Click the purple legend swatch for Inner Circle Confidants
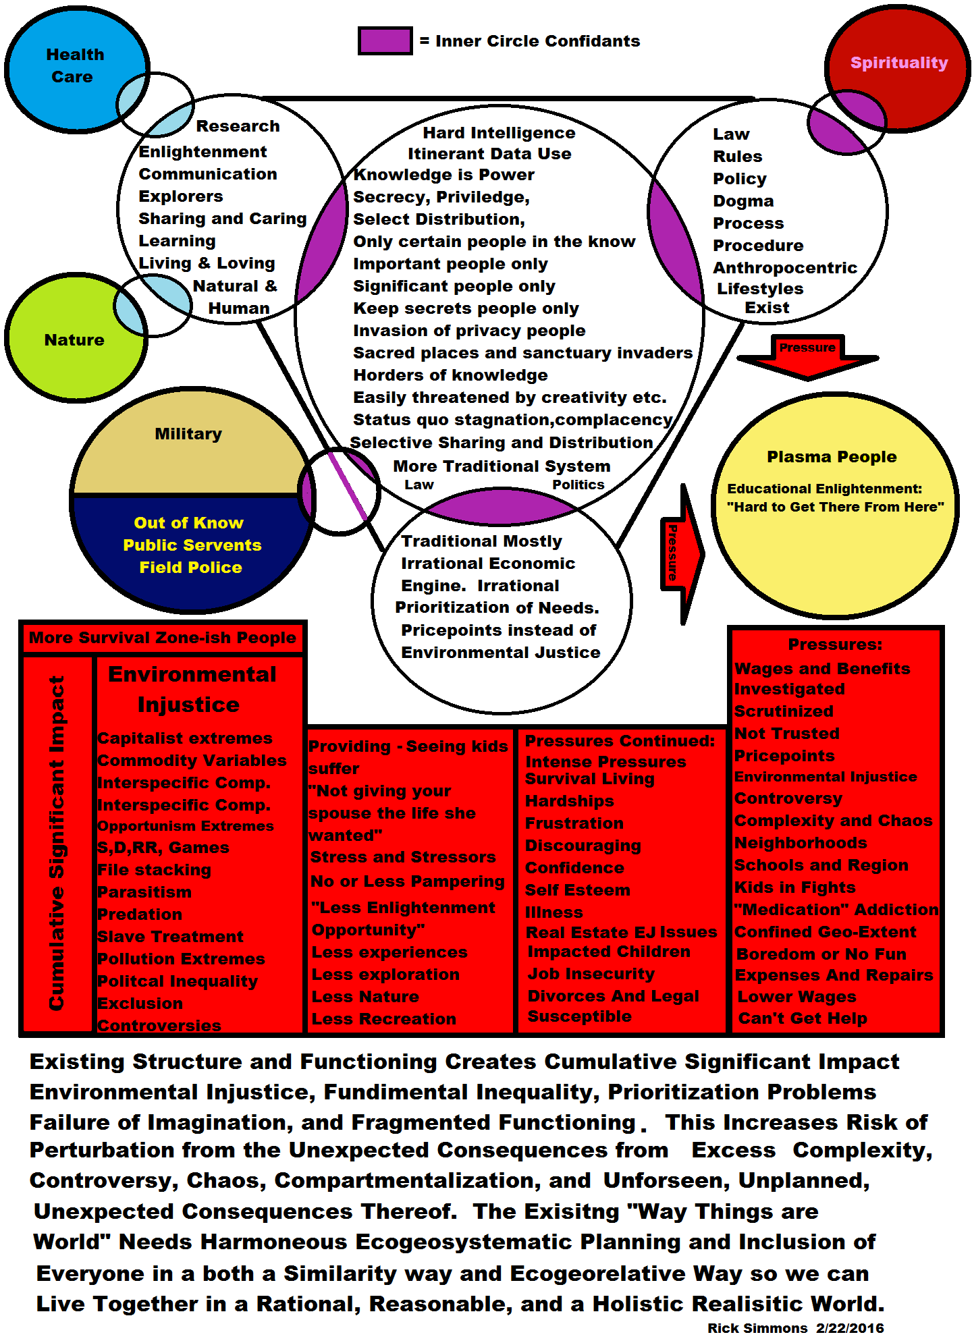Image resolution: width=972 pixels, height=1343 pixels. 385,41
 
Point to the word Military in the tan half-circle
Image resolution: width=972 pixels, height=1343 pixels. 188,434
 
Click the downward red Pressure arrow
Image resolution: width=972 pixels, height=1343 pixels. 807,358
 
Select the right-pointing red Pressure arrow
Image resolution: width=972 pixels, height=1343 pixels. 680,553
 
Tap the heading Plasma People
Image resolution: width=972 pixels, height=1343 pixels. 832,457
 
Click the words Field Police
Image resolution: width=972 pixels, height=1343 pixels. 190,568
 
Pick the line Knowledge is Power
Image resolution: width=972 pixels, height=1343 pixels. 444,175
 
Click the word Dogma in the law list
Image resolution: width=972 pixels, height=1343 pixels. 743,201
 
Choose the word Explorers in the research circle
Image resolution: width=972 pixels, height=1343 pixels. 181,196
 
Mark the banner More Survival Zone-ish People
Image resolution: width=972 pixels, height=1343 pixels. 162,638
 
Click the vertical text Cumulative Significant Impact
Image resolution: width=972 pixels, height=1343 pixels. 57,844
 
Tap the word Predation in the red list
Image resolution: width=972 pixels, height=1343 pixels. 140,914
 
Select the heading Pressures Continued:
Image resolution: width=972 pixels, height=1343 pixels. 620,741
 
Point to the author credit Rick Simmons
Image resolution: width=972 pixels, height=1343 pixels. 757,1328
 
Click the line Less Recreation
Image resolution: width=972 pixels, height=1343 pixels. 384,1019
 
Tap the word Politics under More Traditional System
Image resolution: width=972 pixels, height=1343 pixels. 578,485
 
